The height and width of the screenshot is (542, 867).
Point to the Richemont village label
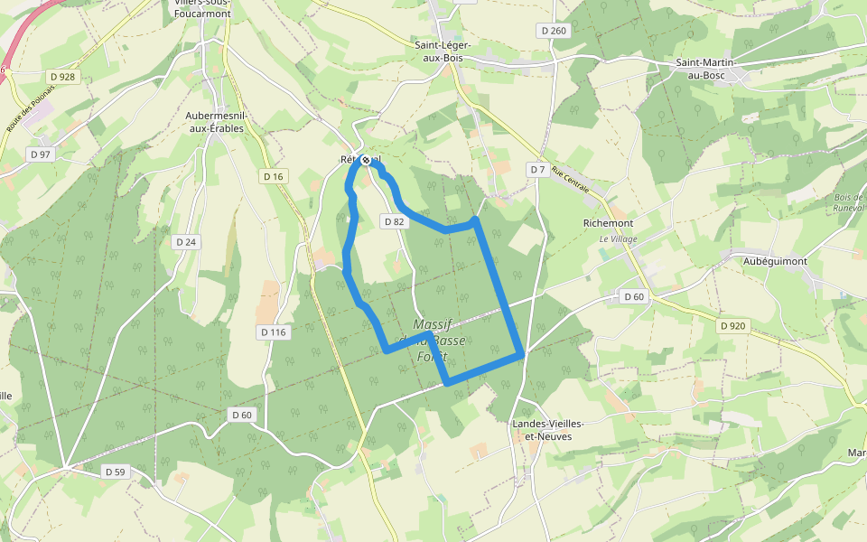click(609, 223)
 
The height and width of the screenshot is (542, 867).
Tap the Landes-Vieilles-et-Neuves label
click(542, 430)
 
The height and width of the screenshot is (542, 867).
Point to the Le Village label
click(619, 238)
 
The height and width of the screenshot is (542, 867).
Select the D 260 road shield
click(554, 31)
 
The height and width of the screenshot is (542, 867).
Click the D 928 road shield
click(62, 77)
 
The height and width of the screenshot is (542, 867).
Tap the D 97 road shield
click(41, 154)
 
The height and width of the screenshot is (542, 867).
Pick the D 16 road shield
click(273, 176)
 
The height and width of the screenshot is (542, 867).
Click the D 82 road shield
click(393, 221)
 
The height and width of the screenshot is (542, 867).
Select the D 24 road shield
click(186, 242)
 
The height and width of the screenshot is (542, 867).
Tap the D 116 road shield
click(273, 332)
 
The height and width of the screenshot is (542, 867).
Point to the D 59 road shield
click(115, 472)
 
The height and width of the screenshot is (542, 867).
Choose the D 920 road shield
click(733, 325)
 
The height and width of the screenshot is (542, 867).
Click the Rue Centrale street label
click(570, 183)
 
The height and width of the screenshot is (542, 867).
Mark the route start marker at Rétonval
click(366, 160)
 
